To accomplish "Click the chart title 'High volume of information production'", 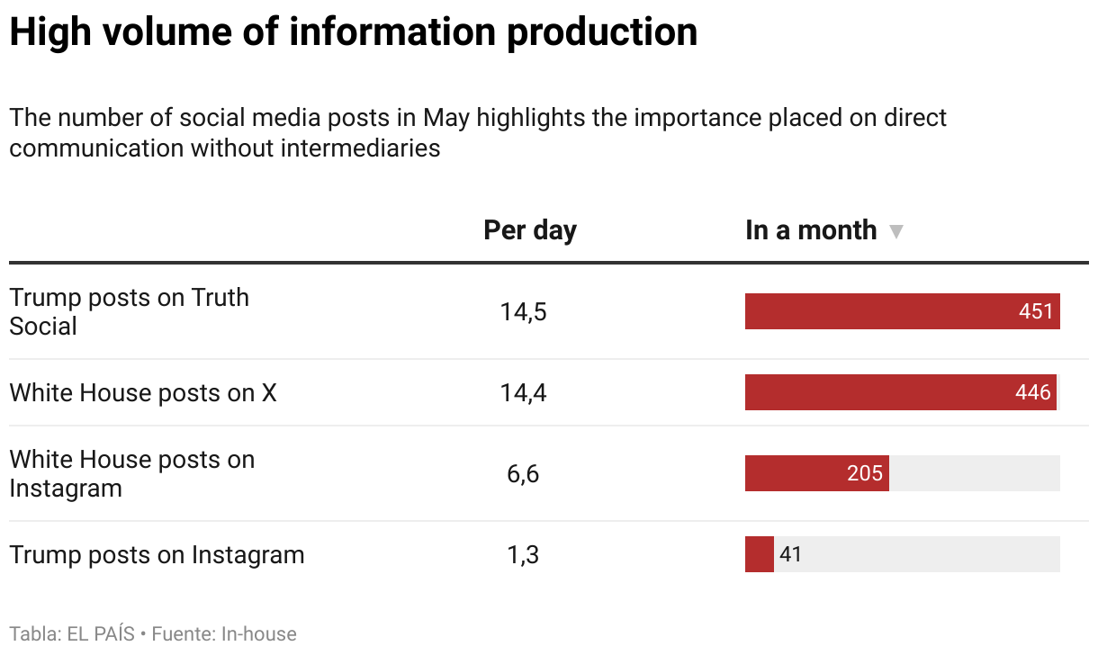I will click(353, 33).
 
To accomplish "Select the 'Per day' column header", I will click(530, 230).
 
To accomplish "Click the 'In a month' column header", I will click(810, 230).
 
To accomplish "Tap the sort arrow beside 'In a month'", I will click(895, 232).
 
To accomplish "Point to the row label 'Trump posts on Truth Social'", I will click(129, 311).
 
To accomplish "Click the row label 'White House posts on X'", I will click(143, 392).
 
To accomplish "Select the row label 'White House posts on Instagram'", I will click(131, 473).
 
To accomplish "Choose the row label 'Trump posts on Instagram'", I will click(157, 554).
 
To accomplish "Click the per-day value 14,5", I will click(523, 312).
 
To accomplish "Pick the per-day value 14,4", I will click(523, 393).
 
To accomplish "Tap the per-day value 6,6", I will click(523, 474).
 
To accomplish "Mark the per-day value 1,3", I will click(523, 555).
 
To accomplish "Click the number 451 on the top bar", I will click(1035, 311).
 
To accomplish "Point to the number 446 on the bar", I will click(1032, 392).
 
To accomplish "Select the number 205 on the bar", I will click(864, 473).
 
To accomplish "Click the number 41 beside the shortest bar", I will click(790, 554).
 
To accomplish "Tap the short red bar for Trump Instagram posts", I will click(759, 554).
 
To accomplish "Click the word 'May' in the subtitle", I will click(446, 118).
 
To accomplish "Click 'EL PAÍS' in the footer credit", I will click(101, 634).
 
